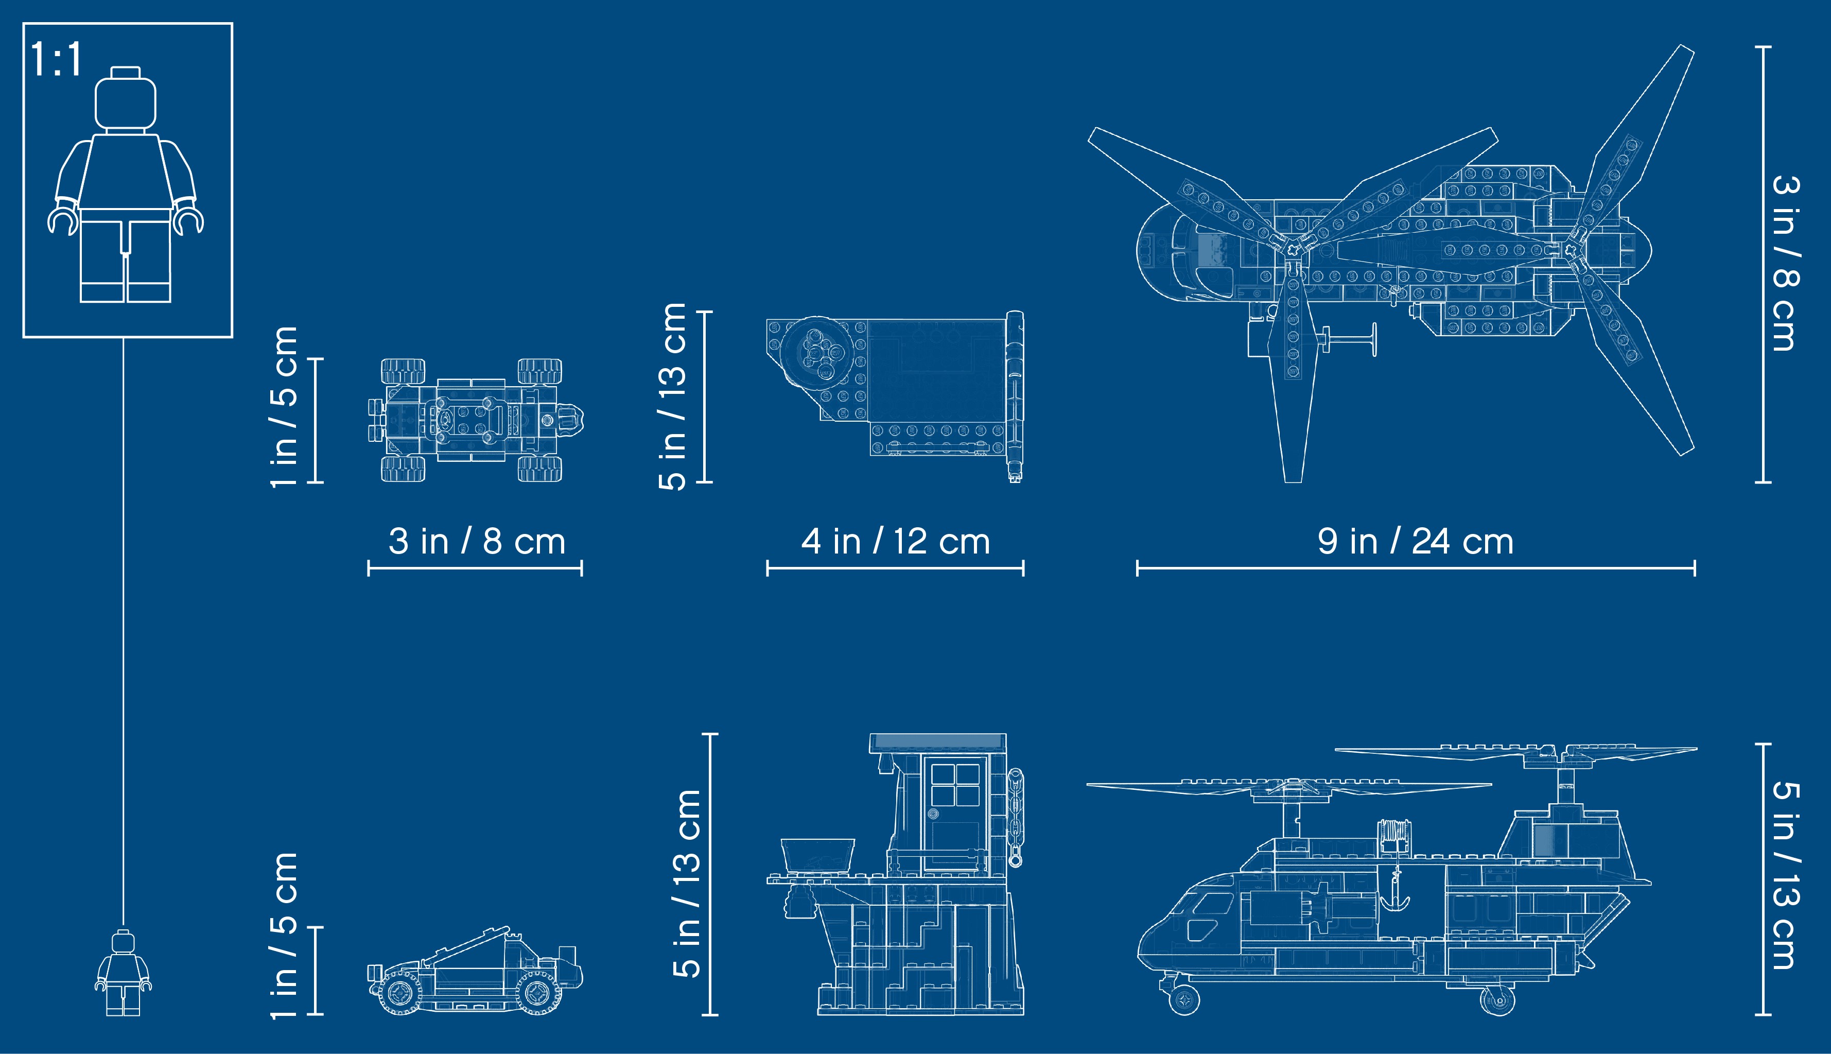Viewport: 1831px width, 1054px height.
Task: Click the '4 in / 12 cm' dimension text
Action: (895, 542)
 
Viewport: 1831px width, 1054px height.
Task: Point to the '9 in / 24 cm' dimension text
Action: (1416, 542)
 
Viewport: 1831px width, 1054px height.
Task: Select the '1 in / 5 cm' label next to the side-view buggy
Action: (284, 935)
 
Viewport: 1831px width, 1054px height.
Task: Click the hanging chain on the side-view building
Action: (1016, 817)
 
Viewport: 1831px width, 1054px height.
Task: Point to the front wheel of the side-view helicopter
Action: (1184, 1000)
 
